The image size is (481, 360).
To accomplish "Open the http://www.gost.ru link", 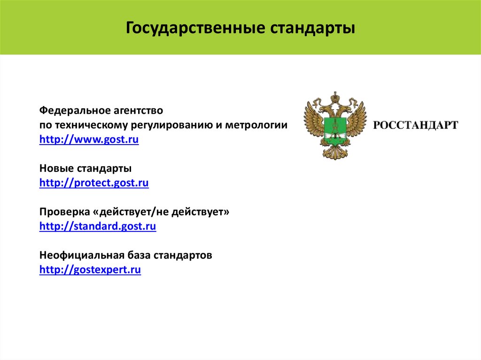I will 89,140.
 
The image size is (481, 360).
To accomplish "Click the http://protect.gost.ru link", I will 94,183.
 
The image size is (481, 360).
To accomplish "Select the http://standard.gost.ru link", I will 98,227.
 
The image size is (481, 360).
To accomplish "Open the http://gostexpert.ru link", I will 90,270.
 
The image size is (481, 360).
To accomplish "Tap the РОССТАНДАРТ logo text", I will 415,125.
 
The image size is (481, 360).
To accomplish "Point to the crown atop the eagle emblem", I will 335,99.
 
